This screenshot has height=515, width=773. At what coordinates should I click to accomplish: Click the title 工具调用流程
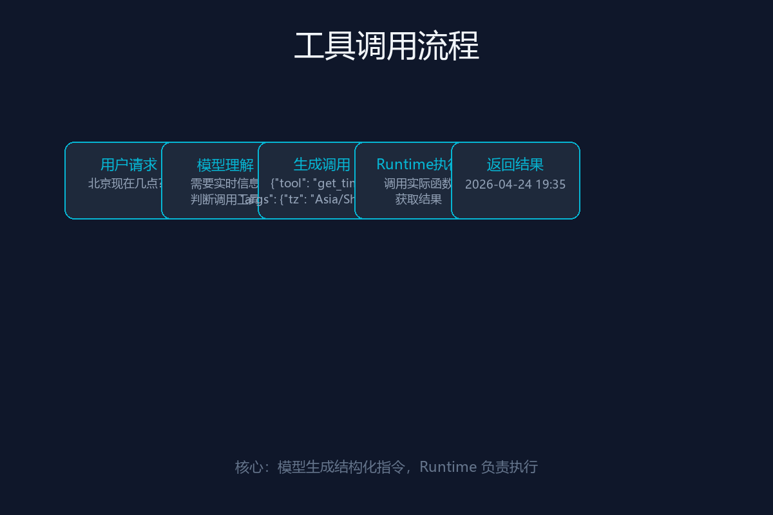pos(386,46)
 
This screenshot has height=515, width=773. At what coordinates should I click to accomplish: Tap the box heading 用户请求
pos(129,165)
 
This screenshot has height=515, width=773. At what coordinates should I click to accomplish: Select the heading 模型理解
pos(225,165)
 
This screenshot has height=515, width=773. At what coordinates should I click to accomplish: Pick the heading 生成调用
pos(322,165)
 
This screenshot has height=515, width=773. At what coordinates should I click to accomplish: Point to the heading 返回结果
pos(515,165)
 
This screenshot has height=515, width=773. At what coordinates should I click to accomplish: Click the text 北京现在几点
pos(122,183)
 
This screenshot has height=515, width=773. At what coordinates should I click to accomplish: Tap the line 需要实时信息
pos(225,183)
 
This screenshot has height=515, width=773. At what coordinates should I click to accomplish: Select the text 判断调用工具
pos(216,200)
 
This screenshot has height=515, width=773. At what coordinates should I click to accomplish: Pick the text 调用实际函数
pos(417,183)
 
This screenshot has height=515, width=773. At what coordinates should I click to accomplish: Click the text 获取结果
pos(419,200)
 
